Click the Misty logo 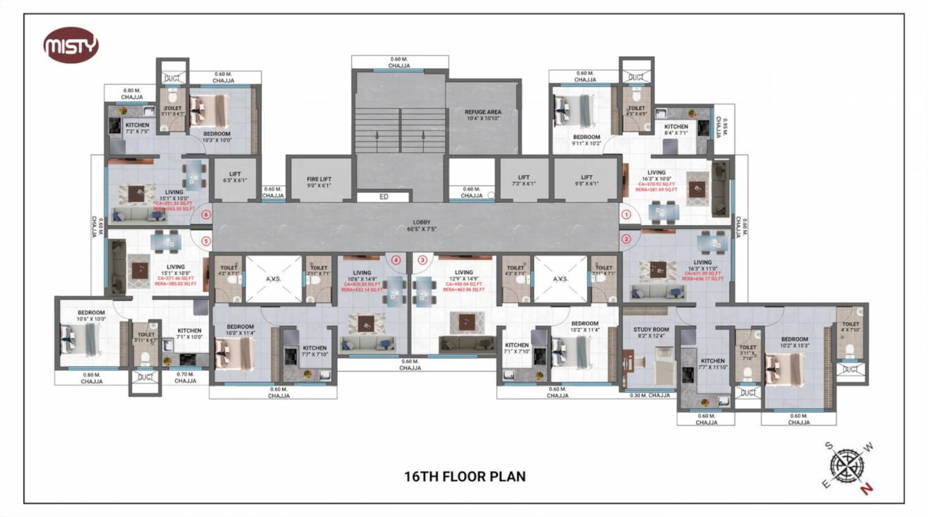(x=71, y=47)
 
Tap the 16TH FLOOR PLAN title (x=465, y=477)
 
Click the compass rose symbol (x=849, y=466)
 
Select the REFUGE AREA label (x=483, y=115)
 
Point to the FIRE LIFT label (x=320, y=182)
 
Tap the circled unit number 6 (x=206, y=215)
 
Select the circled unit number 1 (x=626, y=215)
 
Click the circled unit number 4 (x=396, y=261)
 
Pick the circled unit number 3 (x=422, y=261)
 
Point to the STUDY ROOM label (x=651, y=333)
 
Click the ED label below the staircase (x=383, y=197)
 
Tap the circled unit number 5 (x=206, y=241)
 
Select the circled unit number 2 (x=626, y=240)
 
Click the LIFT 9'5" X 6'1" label (x=587, y=181)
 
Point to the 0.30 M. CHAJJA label (x=649, y=395)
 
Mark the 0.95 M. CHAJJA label (x=725, y=129)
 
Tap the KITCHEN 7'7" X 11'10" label (x=712, y=364)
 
